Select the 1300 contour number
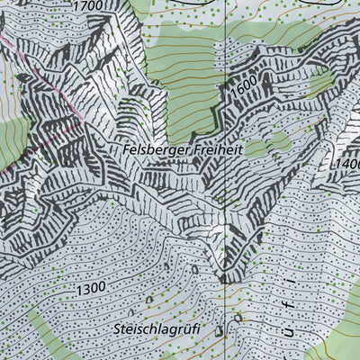coord(90,287)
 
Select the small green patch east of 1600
coord(320,83)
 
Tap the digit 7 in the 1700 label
coord(85,6)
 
